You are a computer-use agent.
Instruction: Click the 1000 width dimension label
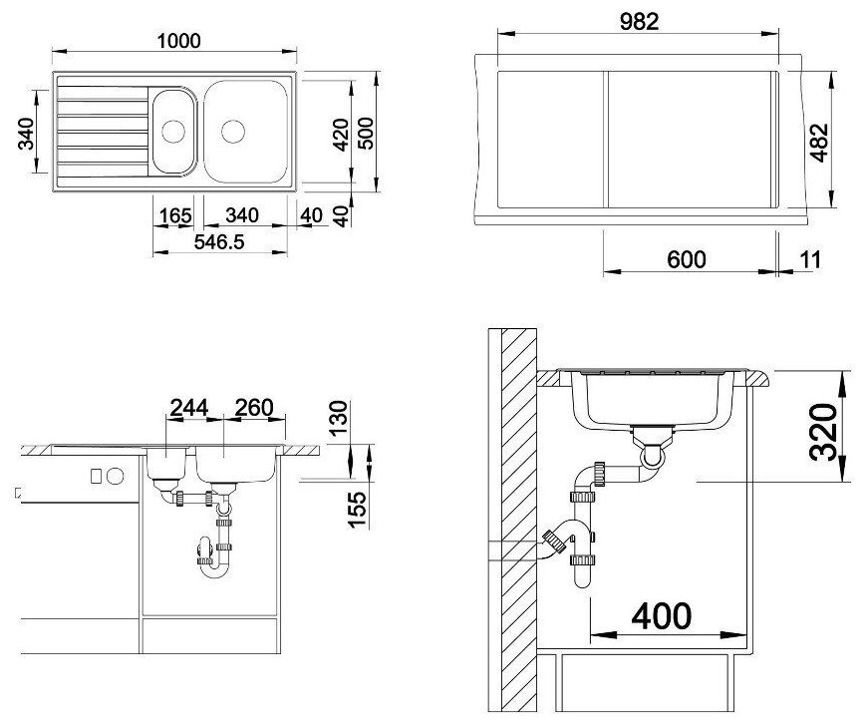[178, 41]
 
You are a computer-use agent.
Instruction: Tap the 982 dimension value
[639, 22]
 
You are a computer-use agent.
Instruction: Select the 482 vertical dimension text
[819, 142]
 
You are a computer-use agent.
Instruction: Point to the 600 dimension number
[686, 259]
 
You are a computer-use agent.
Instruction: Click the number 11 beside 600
[810, 259]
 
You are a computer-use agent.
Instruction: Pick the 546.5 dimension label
[219, 242]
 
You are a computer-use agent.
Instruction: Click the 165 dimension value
[175, 215]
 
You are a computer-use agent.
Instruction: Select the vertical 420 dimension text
[341, 135]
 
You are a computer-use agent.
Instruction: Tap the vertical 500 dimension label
[365, 133]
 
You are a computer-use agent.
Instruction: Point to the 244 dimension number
[188, 408]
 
